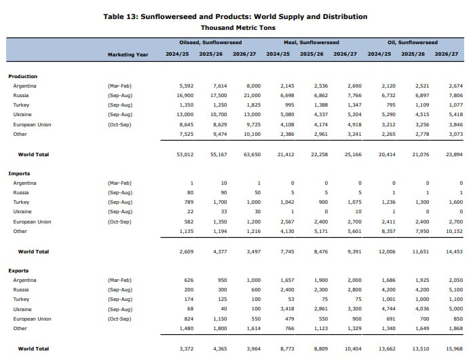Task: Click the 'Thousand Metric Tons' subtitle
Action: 238,28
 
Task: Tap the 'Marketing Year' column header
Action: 128,54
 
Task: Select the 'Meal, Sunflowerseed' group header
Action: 311,43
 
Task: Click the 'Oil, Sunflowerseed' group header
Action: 413,43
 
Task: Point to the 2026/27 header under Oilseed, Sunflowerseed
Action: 244,54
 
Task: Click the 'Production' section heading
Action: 22,77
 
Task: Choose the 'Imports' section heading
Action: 19,173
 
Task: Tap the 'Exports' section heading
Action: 18,270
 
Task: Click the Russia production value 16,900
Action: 185,96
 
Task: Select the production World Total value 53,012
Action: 185,154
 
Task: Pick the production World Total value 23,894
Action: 454,154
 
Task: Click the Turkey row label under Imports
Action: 21,202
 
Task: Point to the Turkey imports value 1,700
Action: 220,202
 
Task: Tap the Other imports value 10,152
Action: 454,231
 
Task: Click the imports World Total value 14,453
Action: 454,251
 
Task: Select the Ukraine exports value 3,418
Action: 287,309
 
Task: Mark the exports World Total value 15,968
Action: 454,348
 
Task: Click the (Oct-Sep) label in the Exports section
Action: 119,319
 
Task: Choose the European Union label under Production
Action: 32,125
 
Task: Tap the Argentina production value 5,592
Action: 187,86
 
